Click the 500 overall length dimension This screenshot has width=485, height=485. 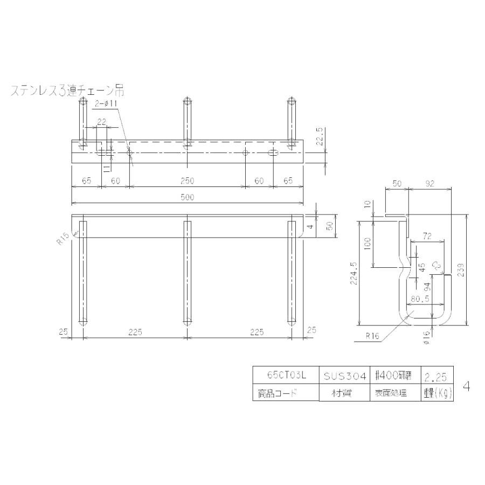pos(187,198)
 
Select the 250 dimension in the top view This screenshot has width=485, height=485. pos(187,181)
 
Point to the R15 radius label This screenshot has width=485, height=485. pos(64,238)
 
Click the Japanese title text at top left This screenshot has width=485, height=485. pos(67,90)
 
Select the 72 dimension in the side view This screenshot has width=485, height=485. pos(428,236)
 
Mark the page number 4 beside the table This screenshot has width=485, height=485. pos(466,386)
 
